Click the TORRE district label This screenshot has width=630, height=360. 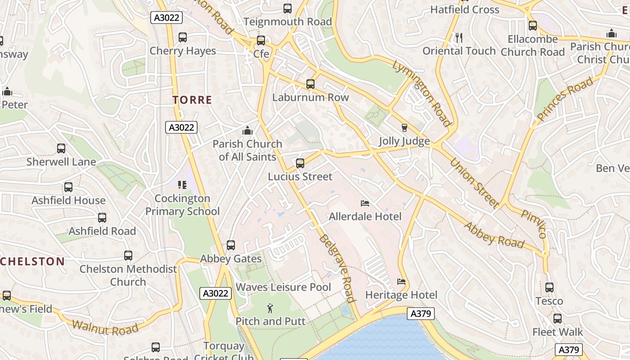coord(192,100)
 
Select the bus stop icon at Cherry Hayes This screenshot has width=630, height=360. coord(182,37)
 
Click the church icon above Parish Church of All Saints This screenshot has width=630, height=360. coord(247,131)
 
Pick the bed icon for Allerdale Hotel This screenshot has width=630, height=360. coord(365,204)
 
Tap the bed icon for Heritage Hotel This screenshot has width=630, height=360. coord(401,282)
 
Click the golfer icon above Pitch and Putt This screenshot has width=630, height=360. coord(270,308)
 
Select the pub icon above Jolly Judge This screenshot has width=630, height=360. coord(404,128)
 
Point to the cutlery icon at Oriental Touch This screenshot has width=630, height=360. coord(459,38)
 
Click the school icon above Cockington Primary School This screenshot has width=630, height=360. coord(182,185)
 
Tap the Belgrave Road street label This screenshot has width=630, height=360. coord(337,268)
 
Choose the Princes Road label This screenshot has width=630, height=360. coord(565,99)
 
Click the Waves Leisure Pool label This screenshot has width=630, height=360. coord(283,287)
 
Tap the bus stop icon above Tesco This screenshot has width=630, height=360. coord(549,288)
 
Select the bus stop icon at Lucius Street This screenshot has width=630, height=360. coord(300,163)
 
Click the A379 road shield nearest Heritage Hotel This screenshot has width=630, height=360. coord(421,314)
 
